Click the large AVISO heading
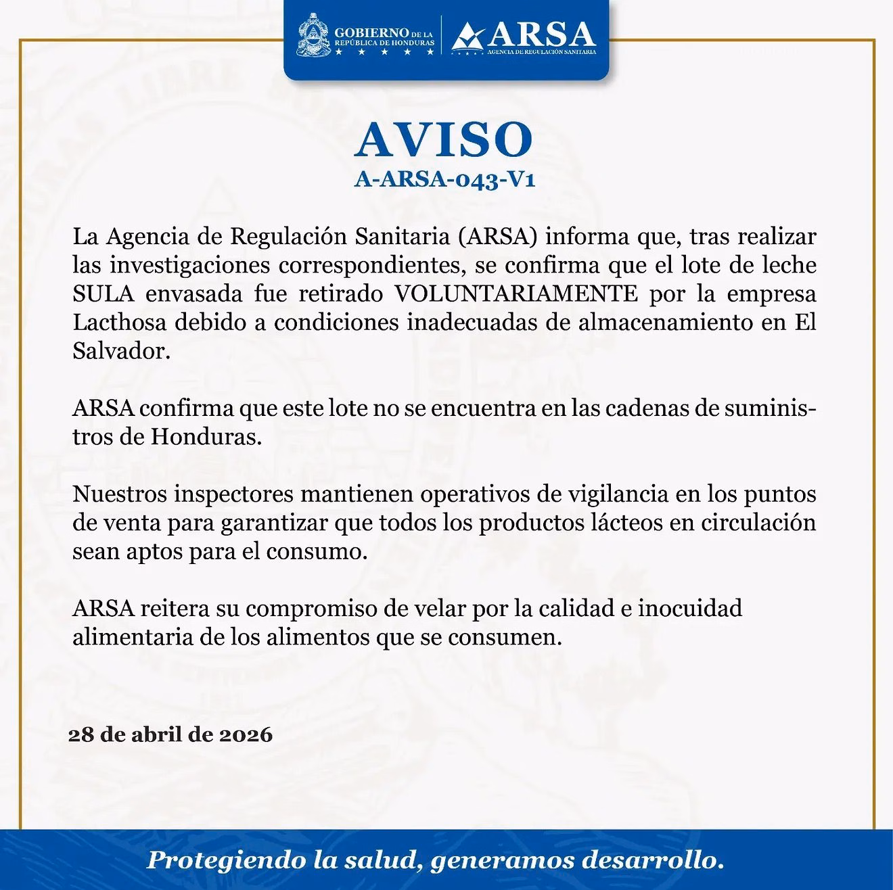click(x=444, y=141)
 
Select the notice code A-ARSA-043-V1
click(x=444, y=181)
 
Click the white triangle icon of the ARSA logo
click(x=467, y=37)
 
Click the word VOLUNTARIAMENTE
click(x=516, y=294)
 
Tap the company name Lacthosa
click(x=119, y=323)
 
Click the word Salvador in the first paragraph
click(x=118, y=351)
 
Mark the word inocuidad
click(x=691, y=608)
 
